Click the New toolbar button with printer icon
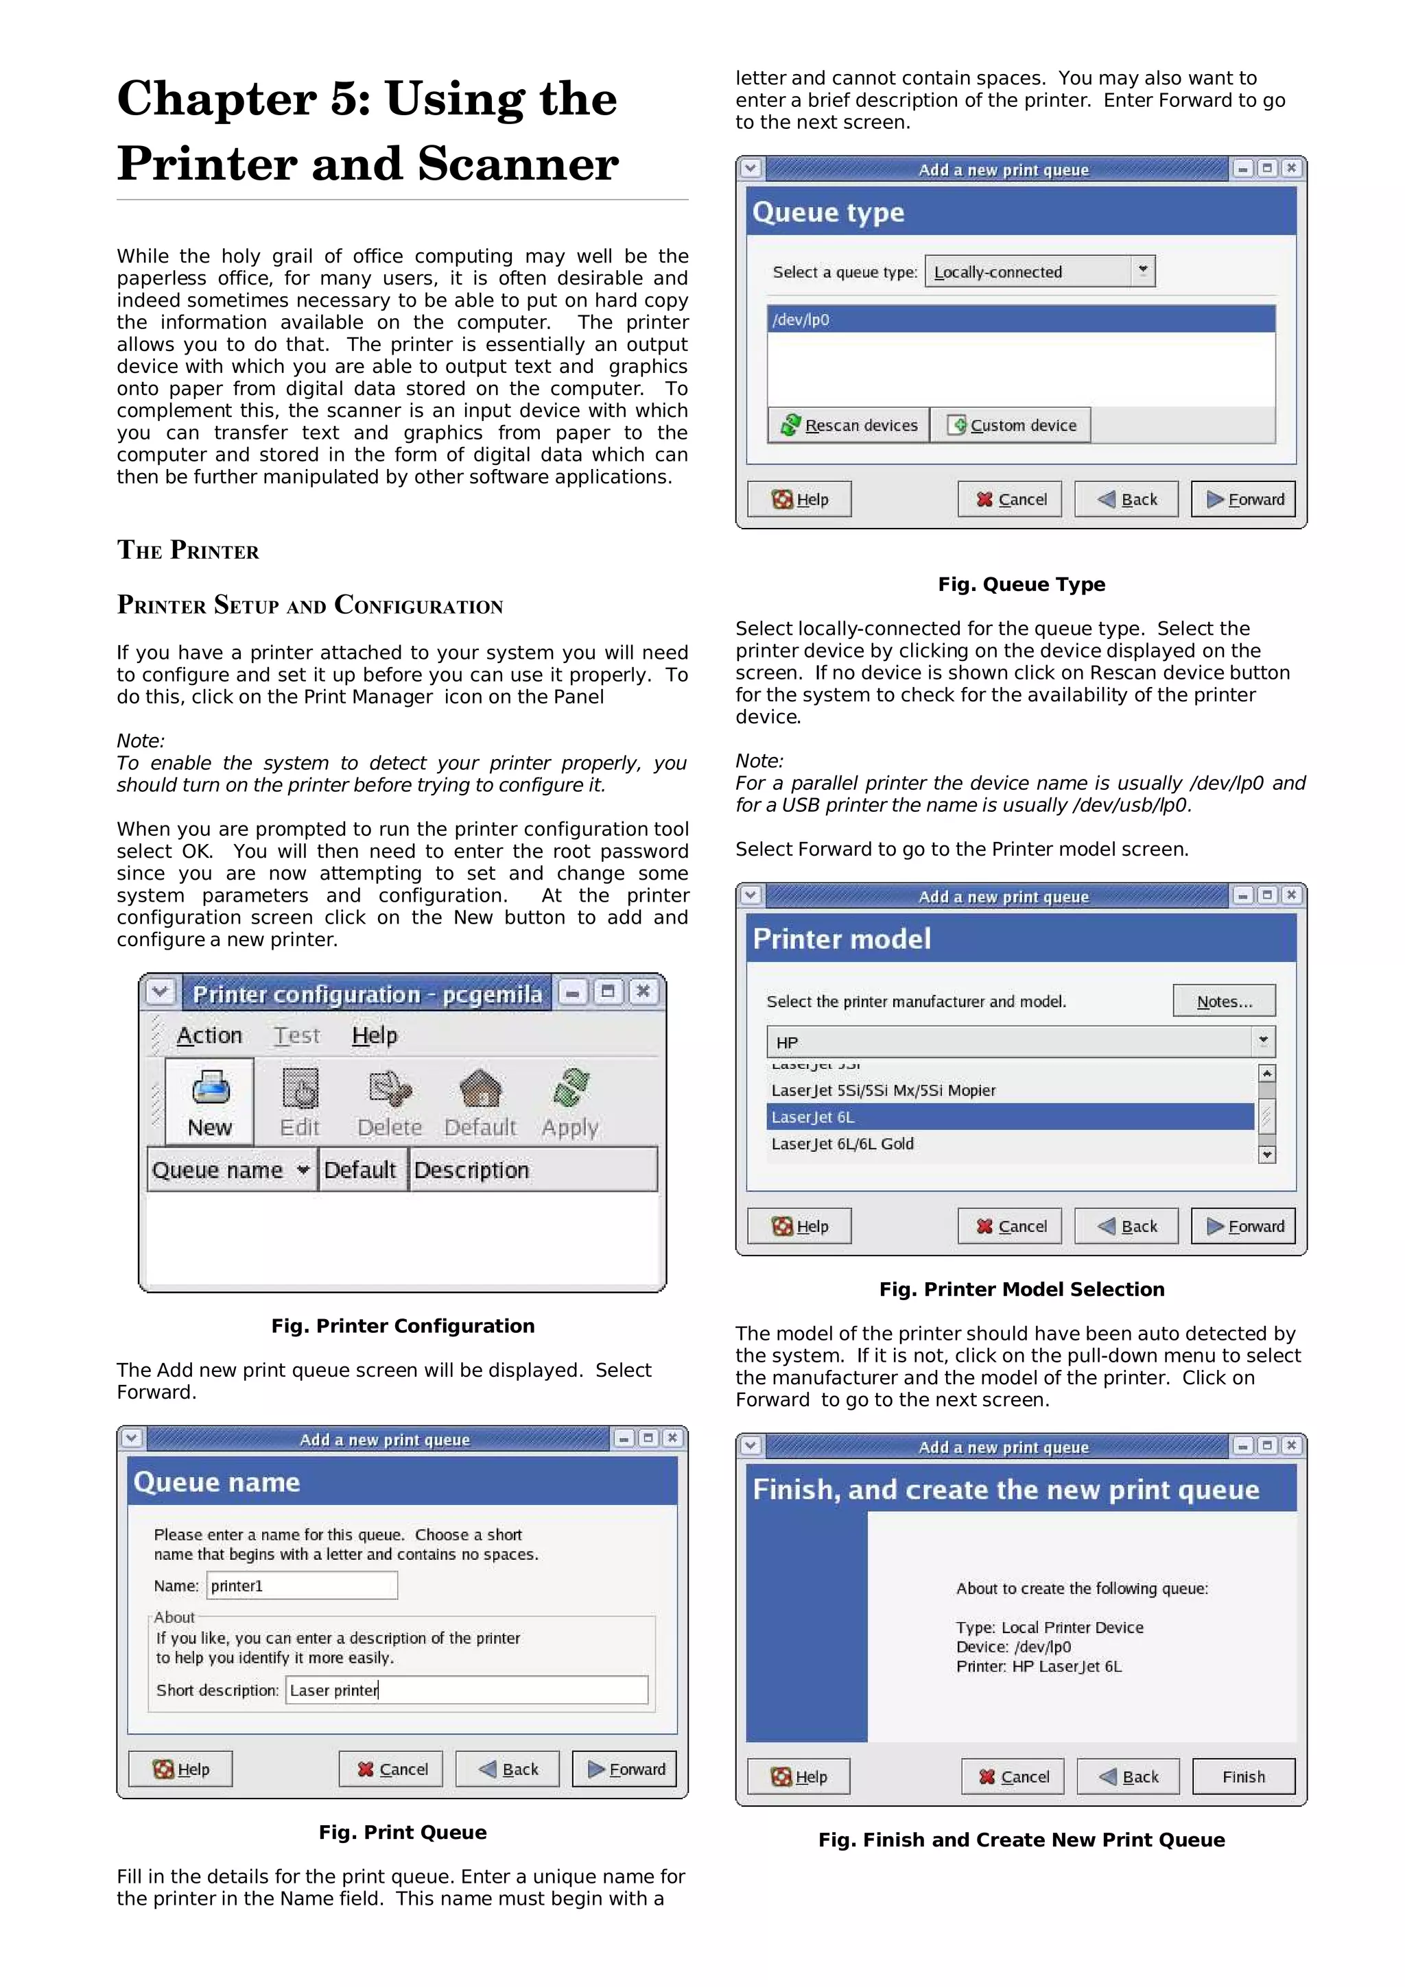[x=209, y=1102]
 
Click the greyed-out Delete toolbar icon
[x=390, y=1102]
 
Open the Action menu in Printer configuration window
[x=209, y=1035]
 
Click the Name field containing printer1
[x=302, y=1585]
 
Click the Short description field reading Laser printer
[x=467, y=1690]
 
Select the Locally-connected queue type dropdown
[x=1039, y=272]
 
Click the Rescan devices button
[x=849, y=425]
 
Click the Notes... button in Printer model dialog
[x=1224, y=1001]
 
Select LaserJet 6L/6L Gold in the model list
[x=842, y=1144]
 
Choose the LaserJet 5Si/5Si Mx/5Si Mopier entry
[x=883, y=1090]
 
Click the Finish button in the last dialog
[x=1243, y=1777]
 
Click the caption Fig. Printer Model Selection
[x=1022, y=1290]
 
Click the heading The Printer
[x=188, y=551]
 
